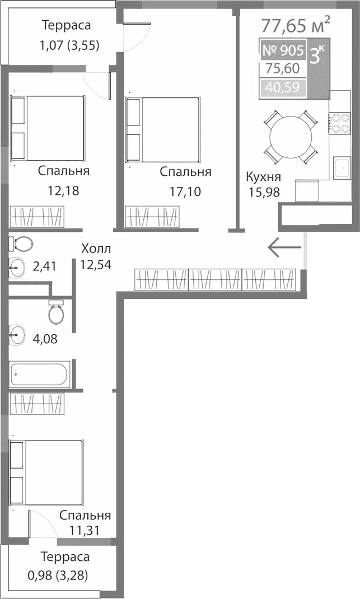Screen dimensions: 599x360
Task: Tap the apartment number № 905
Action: tap(282, 50)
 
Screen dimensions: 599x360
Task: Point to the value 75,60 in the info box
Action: tap(282, 69)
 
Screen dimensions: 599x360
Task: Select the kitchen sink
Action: tap(341, 168)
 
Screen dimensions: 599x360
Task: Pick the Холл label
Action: tap(96, 248)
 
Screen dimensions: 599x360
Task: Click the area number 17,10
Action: tap(185, 191)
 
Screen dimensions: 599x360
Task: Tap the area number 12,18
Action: tap(63, 190)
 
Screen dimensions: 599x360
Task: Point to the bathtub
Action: tap(40, 373)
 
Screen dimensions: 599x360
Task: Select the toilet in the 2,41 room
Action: tap(22, 244)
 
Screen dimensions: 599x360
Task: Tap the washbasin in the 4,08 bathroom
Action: tap(17, 336)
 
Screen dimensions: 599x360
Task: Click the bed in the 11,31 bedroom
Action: tap(46, 475)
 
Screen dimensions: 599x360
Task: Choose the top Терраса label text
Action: tap(66, 25)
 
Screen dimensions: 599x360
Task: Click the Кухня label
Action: tap(263, 177)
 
